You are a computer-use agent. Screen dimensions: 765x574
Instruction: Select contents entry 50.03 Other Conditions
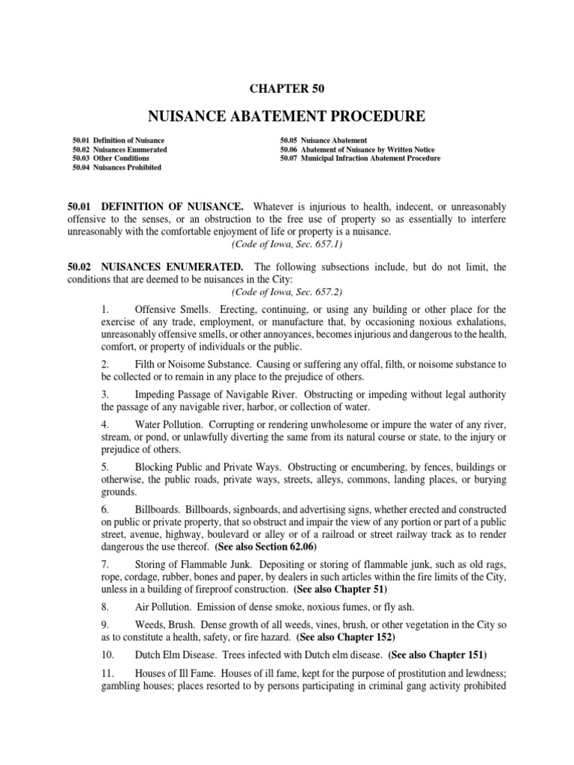pyautogui.click(x=111, y=158)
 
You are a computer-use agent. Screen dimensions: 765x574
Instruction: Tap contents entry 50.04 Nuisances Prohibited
pyautogui.click(x=117, y=167)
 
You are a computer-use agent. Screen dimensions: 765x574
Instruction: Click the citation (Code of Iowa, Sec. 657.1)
pyautogui.click(x=287, y=244)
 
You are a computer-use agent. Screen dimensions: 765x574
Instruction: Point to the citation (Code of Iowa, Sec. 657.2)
pyautogui.click(x=287, y=292)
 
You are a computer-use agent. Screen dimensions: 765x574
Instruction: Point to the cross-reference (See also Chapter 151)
pyautogui.click(x=437, y=655)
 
